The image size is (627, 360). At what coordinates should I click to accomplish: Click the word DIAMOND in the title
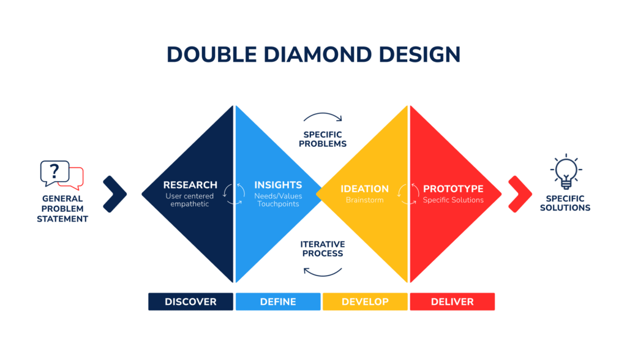pyautogui.click(x=317, y=54)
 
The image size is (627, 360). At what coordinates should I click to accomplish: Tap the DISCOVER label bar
pyautogui.click(x=191, y=302)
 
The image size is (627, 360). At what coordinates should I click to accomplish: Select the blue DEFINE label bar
pyautogui.click(x=278, y=302)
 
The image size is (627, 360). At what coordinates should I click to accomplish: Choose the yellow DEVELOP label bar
pyautogui.click(x=365, y=302)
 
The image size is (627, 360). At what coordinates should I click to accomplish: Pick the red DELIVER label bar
pyautogui.click(x=452, y=302)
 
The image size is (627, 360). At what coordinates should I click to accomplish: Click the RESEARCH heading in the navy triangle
pyautogui.click(x=190, y=185)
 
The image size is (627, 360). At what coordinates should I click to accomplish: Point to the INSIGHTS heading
pyautogui.click(x=279, y=185)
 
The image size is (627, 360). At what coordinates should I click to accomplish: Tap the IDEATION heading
pyautogui.click(x=365, y=189)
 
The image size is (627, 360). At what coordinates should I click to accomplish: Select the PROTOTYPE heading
pyautogui.click(x=453, y=189)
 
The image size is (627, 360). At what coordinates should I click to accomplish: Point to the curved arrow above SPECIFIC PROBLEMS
pyautogui.click(x=323, y=114)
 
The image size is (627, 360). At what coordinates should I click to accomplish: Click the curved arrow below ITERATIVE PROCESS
pyautogui.click(x=322, y=276)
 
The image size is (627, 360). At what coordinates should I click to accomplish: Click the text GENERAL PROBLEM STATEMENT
pyautogui.click(x=62, y=209)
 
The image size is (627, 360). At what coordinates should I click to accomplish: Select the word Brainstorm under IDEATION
pyautogui.click(x=365, y=200)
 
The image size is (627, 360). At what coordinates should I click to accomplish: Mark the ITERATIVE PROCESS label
pyautogui.click(x=323, y=249)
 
